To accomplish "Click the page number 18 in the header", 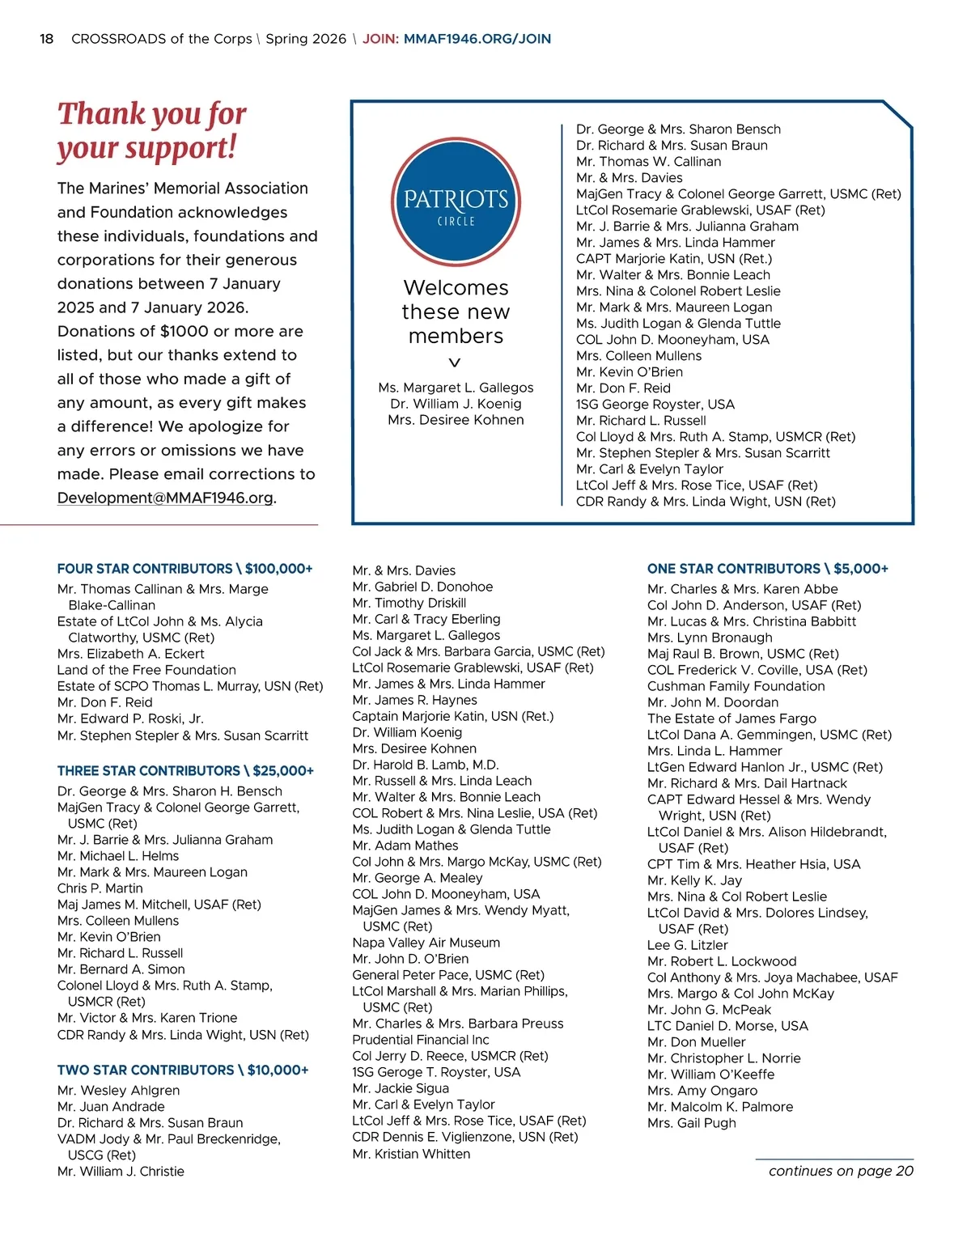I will (x=47, y=39).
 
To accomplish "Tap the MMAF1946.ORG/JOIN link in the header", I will (x=477, y=39).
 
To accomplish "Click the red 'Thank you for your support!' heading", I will (x=152, y=130).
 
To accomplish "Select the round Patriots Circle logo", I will (x=456, y=202).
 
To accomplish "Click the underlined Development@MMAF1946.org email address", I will (x=165, y=498).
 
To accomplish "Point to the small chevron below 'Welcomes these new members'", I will (x=455, y=362).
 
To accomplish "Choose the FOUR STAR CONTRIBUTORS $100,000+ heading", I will (x=184, y=569).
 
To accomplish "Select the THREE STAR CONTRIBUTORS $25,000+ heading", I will (x=185, y=771).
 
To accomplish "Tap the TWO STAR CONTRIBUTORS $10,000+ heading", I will (x=183, y=1070).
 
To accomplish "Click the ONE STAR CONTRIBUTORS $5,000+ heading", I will (x=767, y=569).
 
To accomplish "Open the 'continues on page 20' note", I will (x=840, y=1171).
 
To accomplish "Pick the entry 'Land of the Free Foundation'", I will (x=146, y=670).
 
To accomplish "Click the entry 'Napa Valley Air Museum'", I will (x=426, y=943).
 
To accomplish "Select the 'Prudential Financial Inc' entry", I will (x=421, y=1040).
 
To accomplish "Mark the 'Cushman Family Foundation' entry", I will (x=736, y=686).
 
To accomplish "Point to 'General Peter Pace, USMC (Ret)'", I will (x=448, y=975).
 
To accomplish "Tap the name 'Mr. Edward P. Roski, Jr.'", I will (x=130, y=718).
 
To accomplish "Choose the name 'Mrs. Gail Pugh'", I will (x=691, y=1123).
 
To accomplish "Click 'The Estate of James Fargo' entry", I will (x=731, y=718).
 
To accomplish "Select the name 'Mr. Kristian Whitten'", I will (x=411, y=1154).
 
